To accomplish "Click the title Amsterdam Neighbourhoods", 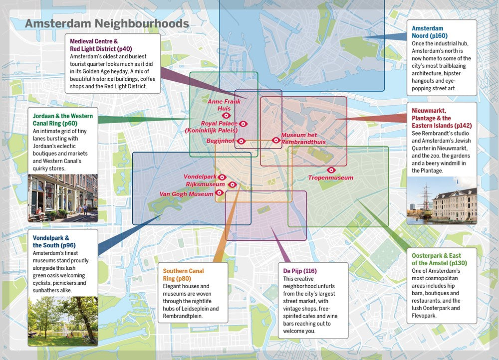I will (x=107, y=23).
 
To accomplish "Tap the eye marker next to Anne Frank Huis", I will (x=226, y=115).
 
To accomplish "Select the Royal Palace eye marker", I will (x=244, y=124).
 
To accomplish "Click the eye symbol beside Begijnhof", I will (x=241, y=141).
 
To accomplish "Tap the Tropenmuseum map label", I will (x=330, y=178).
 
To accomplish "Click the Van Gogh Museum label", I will (x=186, y=194).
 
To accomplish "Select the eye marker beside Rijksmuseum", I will (x=232, y=184).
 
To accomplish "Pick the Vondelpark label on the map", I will (x=200, y=177).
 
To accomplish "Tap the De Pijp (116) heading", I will (x=300, y=271).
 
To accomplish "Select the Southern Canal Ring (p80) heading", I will (x=183, y=274).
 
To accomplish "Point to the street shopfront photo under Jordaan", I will (x=62, y=197).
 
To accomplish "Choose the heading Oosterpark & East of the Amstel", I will (x=436, y=259).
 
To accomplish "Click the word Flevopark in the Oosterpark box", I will (x=424, y=316).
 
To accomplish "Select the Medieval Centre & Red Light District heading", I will (x=101, y=45).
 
